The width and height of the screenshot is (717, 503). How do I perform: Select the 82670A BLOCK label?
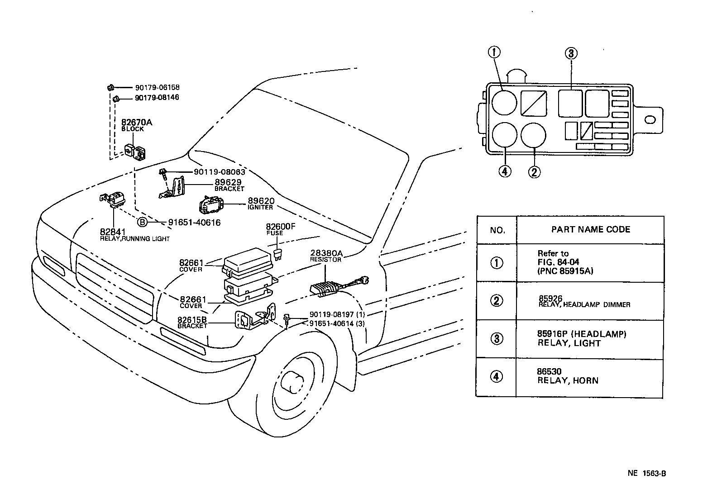pyautogui.click(x=136, y=125)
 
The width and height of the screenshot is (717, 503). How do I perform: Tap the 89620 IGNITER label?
pyautogui.click(x=261, y=204)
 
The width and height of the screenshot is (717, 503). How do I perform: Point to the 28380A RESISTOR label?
pyautogui.click(x=325, y=256)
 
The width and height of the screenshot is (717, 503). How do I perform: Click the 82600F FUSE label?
pyautogui.click(x=280, y=229)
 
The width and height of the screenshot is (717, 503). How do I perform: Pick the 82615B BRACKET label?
pyautogui.click(x=192, y=322)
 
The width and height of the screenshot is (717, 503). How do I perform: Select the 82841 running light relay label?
pyautogui.click(x=134, y=235)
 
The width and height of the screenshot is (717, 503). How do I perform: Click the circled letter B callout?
pyautogui.click(x=142, y=222)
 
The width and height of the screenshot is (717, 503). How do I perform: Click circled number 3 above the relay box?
pyautogui.click(x=571, y=54)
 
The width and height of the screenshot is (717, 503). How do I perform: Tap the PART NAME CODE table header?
pyautogui.click(x=590, y=229)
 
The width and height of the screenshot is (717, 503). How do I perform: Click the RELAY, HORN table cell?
pyautogui.click(x=568, y=377)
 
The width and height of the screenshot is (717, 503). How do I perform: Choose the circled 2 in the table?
pyautogui.click(x=497, y=301)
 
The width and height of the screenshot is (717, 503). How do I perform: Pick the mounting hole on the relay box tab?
pyautogui.click(x=650, y=119)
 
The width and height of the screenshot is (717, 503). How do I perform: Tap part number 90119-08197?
pyautogui.click(x=332, y=314)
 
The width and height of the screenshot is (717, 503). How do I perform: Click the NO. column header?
pyautogui.click(x=497, y=230)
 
